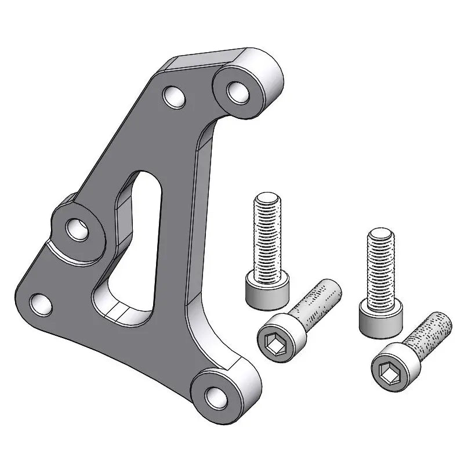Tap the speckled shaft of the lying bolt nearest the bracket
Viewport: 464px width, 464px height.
click(320, 304)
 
